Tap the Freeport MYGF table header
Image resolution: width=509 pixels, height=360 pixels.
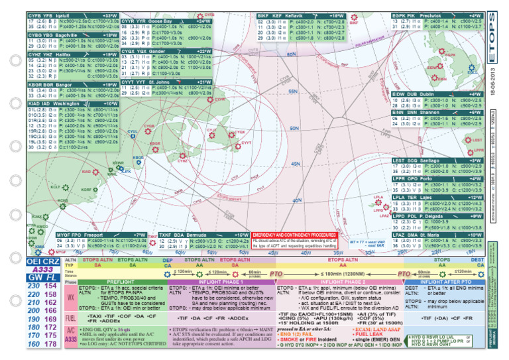[x=102, y=235]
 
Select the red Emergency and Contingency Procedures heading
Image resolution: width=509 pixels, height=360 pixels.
[x=294, y=235]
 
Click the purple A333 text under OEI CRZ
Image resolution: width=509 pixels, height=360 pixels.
[x=44, y=270]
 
